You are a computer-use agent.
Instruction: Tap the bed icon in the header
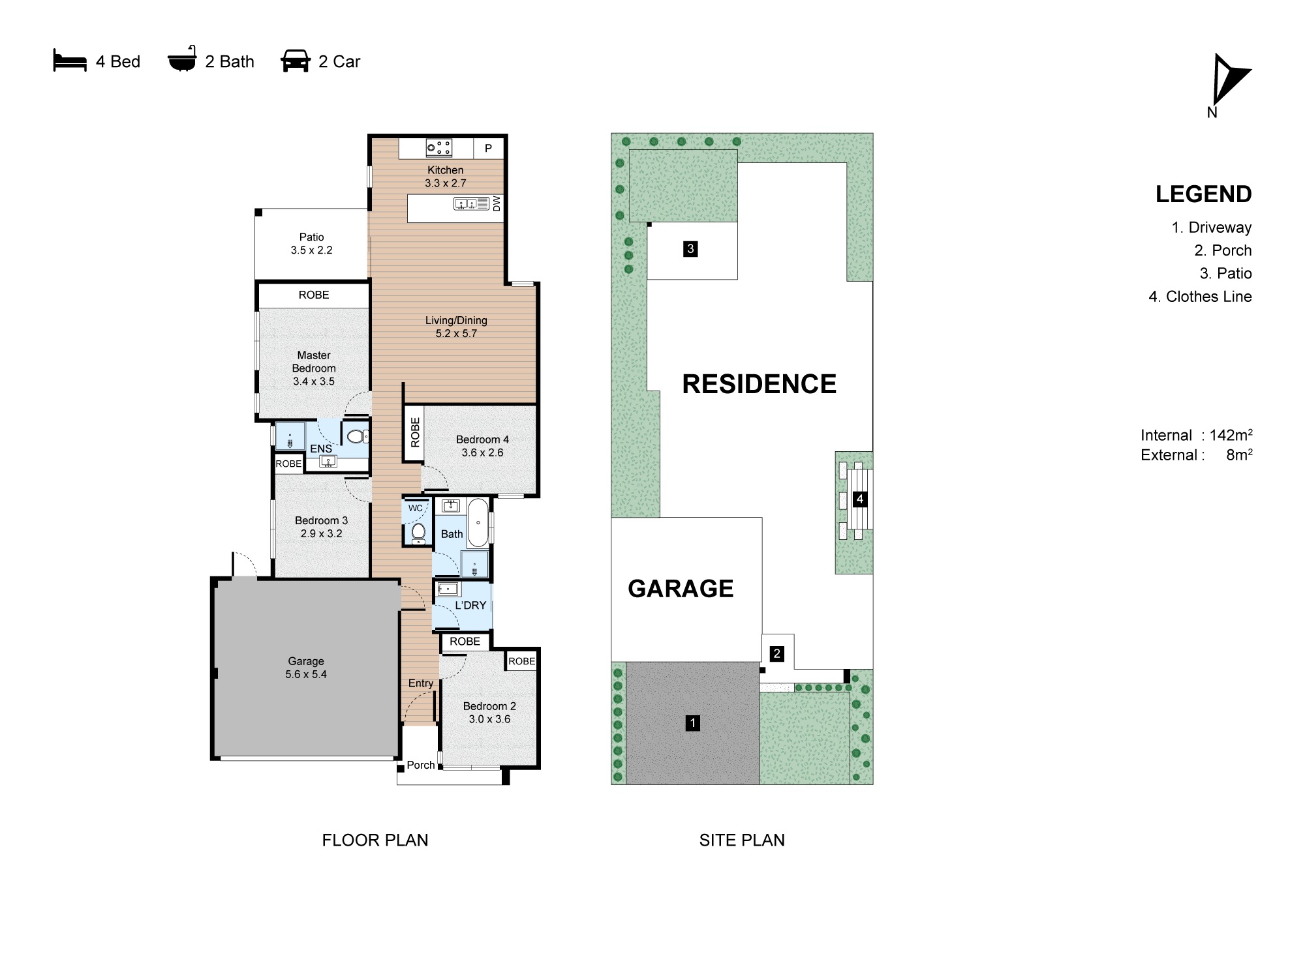[x=70, y=61]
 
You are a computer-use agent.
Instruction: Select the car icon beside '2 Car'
[x=295, y=61]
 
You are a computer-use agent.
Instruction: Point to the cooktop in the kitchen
[x=439, y=148]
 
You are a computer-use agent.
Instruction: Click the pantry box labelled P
[x=488, y=148]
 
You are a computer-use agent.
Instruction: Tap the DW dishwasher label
[x=497, y=203]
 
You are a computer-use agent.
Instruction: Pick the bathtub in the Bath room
[x=478, y=523]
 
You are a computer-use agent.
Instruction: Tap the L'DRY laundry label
[x=470, y=605]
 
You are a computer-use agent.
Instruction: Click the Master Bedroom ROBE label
[x=314, y=295]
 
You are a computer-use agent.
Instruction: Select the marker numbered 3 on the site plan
[x=690, y=248]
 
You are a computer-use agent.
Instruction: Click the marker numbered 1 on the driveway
[x=693, y=722]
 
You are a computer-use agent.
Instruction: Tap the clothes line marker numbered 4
[x=860, y=499]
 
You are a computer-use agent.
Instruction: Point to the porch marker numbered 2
[x=776, y=653]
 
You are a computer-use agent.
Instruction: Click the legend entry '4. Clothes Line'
[x=1200, y=297]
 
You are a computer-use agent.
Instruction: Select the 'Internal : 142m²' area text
[x=1196, y=435]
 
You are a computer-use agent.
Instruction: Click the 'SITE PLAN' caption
[x=742, y=840]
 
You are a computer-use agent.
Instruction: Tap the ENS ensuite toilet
[x=356, y=436]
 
